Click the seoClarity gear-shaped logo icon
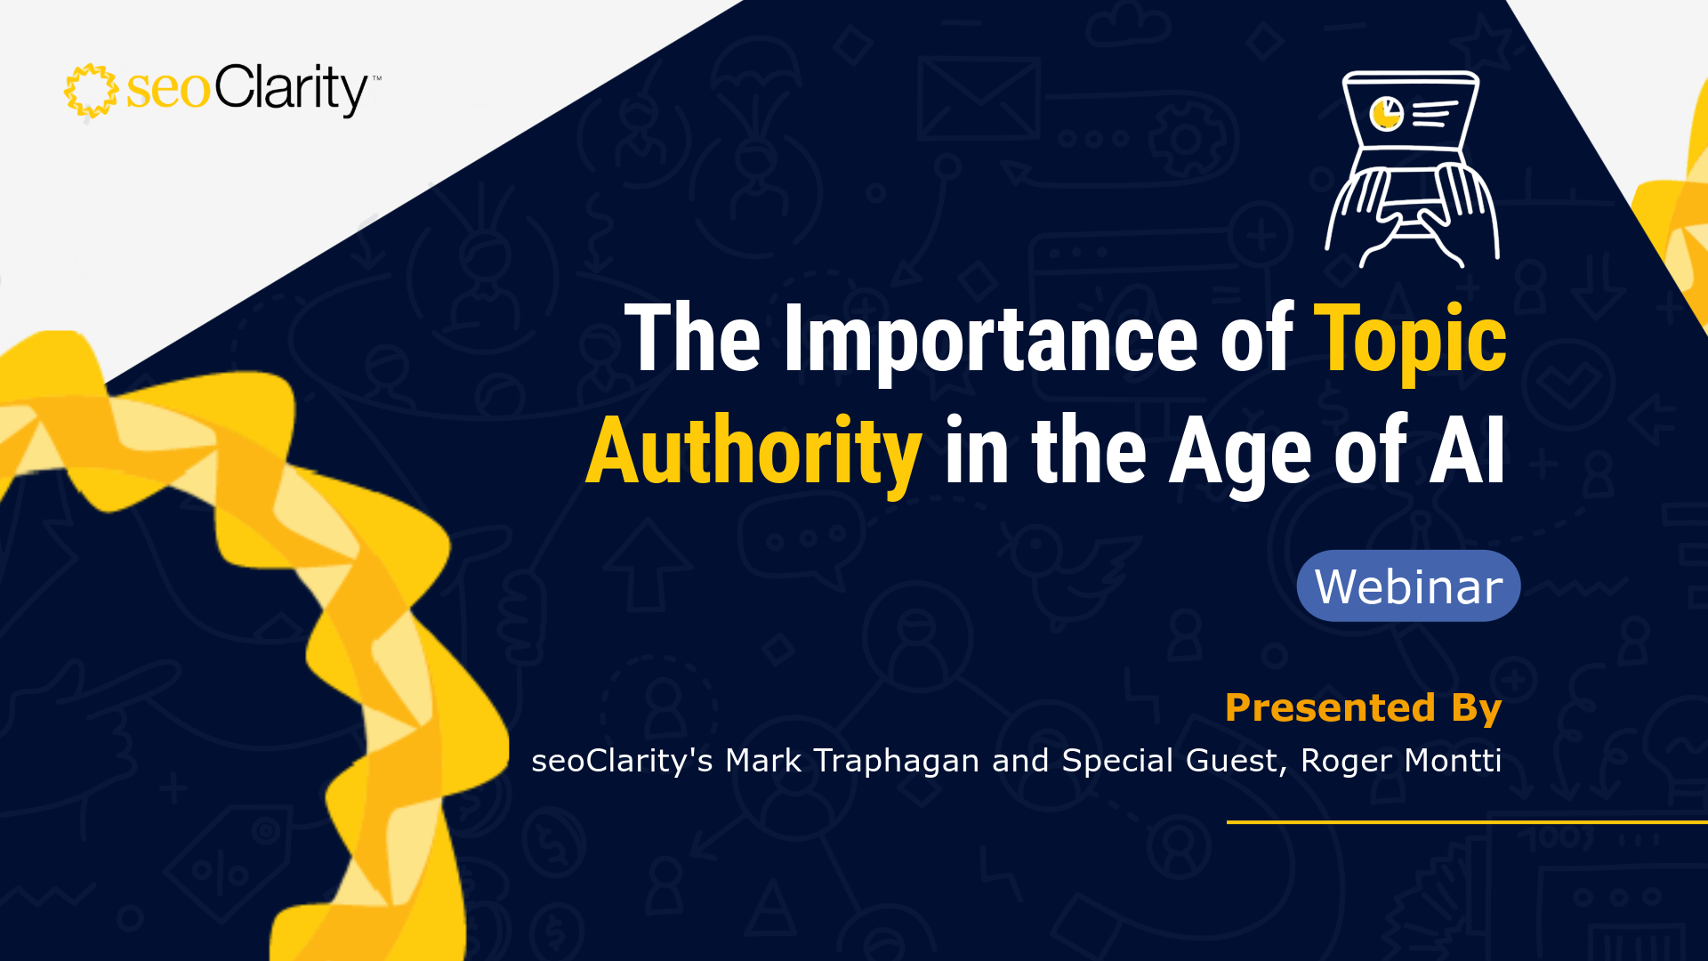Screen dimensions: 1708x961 click(x=91, y=91)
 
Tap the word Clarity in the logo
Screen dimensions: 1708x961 click(x=291, y=90)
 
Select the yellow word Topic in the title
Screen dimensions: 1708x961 click(x=1410, y=343)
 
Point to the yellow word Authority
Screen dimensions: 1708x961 click(x=753, y=454)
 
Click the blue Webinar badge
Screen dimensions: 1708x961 click(x=1408, y=585)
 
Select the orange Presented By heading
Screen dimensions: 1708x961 click(x=1363, y=708)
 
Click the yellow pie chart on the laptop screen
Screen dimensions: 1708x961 click(x=1386, y=113)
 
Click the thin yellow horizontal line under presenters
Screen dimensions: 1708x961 click(x=1467, y=822)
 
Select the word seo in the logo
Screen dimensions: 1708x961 click(x=168, y=90)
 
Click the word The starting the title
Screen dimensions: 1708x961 click(x=693, y=338)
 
